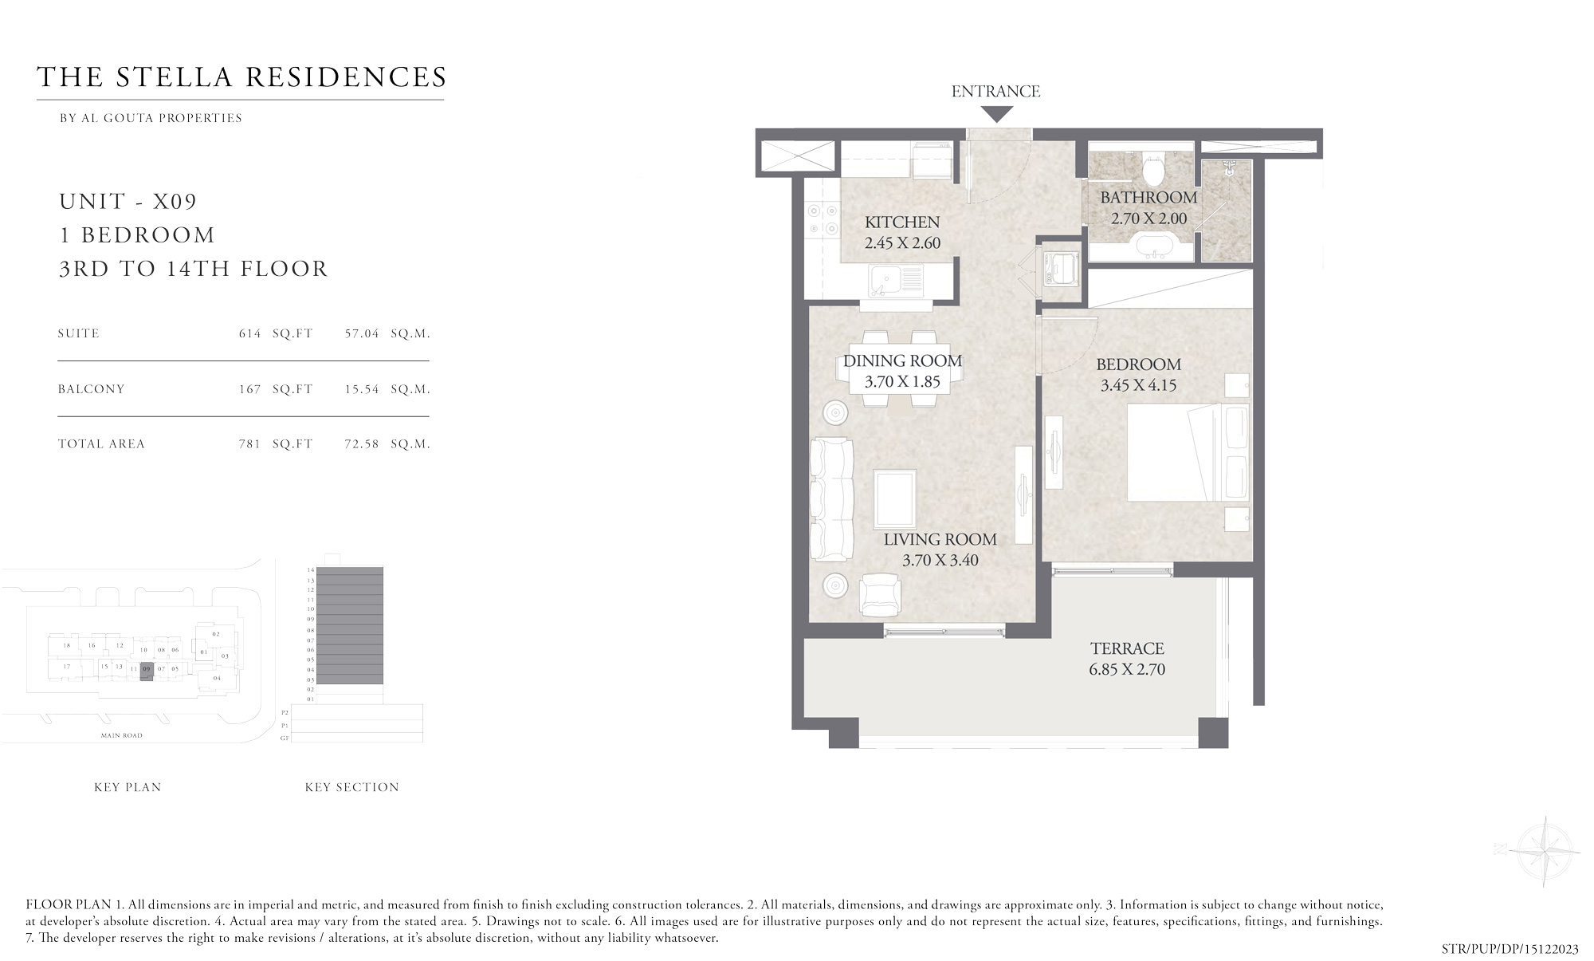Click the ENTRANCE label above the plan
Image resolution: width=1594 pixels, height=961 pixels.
[995, 92]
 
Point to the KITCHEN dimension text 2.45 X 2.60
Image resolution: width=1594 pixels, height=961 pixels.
[902, 243]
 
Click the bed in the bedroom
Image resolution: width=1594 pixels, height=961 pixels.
[1187, 452]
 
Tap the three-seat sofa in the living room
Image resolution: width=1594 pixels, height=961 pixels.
[830, 498]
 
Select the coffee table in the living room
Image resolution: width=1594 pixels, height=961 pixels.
[894, 498]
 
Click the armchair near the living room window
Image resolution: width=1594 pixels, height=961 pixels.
[880, 594]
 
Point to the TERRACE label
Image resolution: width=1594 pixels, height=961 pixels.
[1127, 648]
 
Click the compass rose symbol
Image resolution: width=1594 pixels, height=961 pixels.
[1544, 851]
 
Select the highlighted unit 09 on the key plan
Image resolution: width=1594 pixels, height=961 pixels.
[146, 672]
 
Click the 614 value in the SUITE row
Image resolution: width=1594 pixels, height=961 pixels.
[249, 333]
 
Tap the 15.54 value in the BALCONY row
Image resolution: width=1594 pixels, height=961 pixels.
[362, 389]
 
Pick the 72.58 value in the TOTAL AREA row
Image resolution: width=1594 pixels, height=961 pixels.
[362, 444]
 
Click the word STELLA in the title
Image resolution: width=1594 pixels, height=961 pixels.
[174, 77]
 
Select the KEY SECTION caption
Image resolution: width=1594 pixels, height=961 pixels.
[351, 787]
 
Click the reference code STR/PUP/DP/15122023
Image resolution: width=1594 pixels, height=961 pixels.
[1510, 949]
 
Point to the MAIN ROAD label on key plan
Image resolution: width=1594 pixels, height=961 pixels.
[122, 735]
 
